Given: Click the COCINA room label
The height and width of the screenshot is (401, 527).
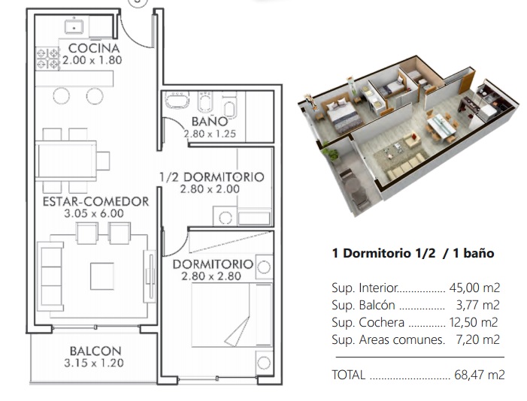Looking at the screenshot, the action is pyautogui.click(x=94, y=48).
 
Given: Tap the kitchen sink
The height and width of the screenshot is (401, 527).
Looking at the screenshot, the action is pyautogui.click(x=74, y=26).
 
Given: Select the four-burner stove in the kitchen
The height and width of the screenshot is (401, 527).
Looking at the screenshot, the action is pyautogui.click(x=47, y=59).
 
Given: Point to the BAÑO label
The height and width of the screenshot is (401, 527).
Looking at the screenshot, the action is pyautogui.click(x=210, y=121).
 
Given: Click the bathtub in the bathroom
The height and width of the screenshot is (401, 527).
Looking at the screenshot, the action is pyautogui.click(x=177, y=100).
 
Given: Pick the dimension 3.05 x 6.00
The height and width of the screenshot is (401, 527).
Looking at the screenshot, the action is pyautogui.click(x=94, y=213).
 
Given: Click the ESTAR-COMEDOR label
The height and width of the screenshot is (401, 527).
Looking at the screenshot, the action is pyautogui.click(x=95, y=201).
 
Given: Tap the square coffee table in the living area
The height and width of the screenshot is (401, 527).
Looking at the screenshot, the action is pyautogui.click(x=101, y=276).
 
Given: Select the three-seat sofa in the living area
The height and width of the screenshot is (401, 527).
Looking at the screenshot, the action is pyautogui.click(x=50, y=276).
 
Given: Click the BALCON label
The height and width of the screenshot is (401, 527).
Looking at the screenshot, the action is pyautogui.click(x=95, y=351).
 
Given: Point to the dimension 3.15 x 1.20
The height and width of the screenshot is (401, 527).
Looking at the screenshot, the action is pyautogui.click(x=94, y=363).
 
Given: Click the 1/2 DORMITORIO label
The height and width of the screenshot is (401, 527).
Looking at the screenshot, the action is pyautogui.click(x=212, y=177).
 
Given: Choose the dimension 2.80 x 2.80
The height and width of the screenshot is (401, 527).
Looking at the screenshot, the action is pyautogui.click(x=211, y=276).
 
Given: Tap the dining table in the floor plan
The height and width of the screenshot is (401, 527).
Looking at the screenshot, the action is pyautogui.click(x=66, y=161).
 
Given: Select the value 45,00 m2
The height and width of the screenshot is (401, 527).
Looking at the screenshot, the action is pyautogui.click(x=474, y=288).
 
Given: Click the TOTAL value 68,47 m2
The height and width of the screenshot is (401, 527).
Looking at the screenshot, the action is pyautogui.click(x=480, y=375).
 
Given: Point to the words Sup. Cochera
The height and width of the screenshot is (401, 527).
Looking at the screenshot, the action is pyautogui.click(x=368, y=322).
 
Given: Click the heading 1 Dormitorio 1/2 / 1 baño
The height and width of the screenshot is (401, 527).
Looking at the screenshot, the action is pyautogui.click(x=413, y=253).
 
